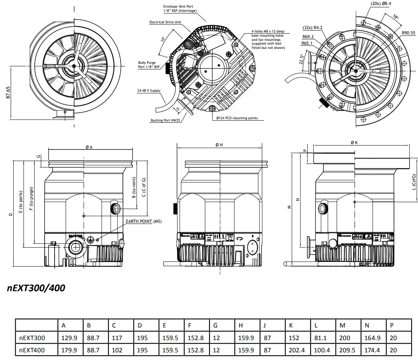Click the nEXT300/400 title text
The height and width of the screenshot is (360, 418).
36,288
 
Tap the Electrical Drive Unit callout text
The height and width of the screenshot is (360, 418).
165,22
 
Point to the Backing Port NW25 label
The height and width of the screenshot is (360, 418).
165,120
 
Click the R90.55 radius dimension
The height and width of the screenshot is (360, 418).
408,33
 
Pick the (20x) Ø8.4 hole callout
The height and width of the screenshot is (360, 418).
381,4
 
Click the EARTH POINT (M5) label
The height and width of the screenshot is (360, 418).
144,221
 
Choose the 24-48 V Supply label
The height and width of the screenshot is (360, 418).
148,91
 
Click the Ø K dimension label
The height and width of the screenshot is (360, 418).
354,142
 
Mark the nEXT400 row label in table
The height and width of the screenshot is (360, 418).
32,350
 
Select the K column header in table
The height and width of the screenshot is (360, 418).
291,326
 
